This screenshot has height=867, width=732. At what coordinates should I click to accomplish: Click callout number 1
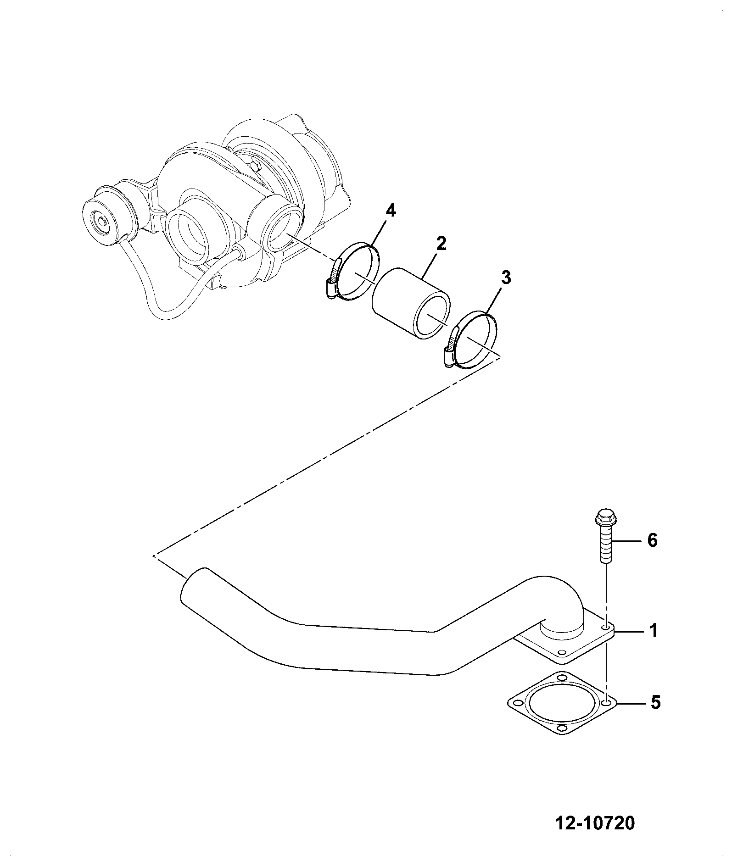(653, 631)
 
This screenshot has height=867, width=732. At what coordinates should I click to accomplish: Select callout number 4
(391, 211)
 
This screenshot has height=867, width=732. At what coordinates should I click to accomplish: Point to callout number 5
(655, 715)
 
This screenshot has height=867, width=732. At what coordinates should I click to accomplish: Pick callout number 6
(652, 540)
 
